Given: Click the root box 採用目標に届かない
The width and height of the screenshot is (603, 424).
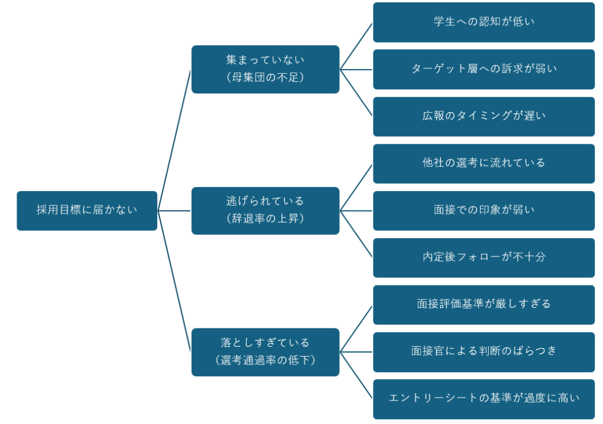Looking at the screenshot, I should pos(87,211).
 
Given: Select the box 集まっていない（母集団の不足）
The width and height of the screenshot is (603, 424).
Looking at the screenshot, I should pos(265,69).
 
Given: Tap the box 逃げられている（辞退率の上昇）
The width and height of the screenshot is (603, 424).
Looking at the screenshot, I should pos(265,211).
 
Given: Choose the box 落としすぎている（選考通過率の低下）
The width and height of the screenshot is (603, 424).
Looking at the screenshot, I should pos(265,352).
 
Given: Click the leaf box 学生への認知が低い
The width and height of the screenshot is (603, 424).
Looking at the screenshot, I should pos(483,22).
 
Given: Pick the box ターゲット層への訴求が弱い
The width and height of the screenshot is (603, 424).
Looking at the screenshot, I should pos(483,69).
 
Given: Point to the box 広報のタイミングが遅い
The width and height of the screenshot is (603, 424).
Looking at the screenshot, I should pos(483,116).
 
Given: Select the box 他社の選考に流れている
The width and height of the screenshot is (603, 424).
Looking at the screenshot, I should pos(483,163).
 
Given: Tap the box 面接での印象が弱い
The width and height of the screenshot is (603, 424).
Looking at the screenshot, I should pos(483,211).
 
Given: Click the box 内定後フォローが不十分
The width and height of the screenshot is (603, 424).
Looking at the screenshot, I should pos(483,258).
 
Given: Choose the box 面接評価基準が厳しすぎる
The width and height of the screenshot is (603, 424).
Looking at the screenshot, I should pos(483,305).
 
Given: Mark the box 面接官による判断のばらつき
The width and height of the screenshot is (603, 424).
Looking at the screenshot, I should pos(483,352).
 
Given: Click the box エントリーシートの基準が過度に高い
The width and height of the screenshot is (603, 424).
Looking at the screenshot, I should pos(483,399).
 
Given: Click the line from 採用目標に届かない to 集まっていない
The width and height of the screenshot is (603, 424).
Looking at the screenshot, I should pos(174,140).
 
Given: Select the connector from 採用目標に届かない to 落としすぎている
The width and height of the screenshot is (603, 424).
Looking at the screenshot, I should pos(174,281).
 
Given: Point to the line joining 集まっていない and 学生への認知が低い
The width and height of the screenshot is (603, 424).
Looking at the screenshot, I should pos(356,46).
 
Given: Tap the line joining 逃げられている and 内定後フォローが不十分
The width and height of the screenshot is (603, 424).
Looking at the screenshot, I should pos(356,234).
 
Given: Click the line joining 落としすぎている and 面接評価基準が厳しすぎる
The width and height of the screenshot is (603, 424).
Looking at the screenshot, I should pos(356,328).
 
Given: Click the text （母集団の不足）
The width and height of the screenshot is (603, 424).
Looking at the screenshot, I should pos(265,77).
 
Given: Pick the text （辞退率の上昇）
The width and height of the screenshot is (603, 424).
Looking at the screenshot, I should pos(265,218).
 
